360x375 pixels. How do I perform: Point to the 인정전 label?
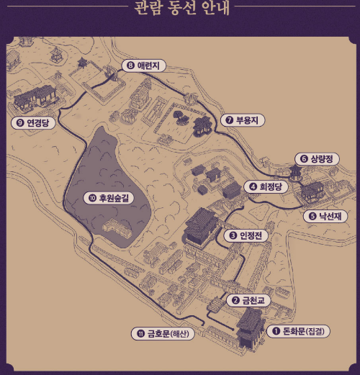(x=251, y=235)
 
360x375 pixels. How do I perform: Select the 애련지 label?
(x=152, y=65)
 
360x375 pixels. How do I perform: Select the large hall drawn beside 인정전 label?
(x=202, y=226)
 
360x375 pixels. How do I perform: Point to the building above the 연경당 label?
(x=36, y=97)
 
